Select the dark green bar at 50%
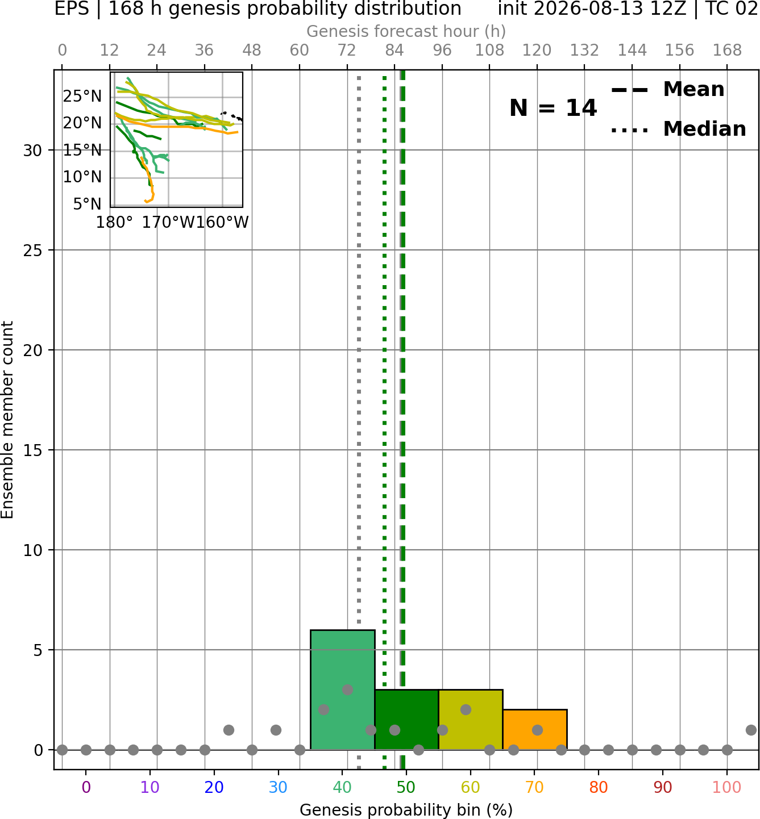406,719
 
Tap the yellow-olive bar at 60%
471,719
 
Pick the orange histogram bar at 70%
535,729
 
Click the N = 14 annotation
553,108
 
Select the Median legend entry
679,129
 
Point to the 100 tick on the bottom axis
727,787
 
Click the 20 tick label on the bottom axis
214,787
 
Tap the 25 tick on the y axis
33,250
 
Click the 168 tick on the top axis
727,51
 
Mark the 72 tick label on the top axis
347,51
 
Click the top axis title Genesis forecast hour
406,31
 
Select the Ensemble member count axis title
7,420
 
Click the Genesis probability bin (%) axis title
406,810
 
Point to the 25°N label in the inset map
82,97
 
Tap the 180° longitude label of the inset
114,222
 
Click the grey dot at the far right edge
751,730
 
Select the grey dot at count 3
347,690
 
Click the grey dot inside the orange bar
537,730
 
